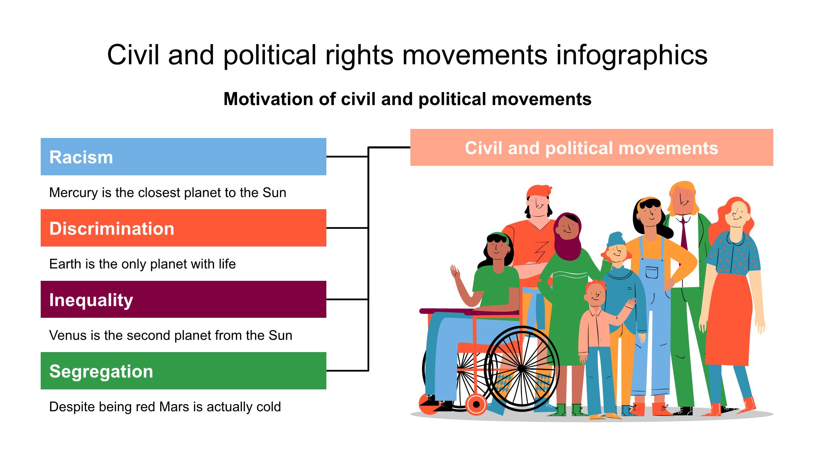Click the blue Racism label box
183,156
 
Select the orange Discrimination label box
183,228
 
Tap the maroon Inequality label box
183,299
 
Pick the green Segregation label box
183,371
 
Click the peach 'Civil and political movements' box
592,147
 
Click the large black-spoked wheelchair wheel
522,368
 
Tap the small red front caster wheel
476,404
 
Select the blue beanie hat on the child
615,239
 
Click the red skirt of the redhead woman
728,320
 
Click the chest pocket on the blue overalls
652,272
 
